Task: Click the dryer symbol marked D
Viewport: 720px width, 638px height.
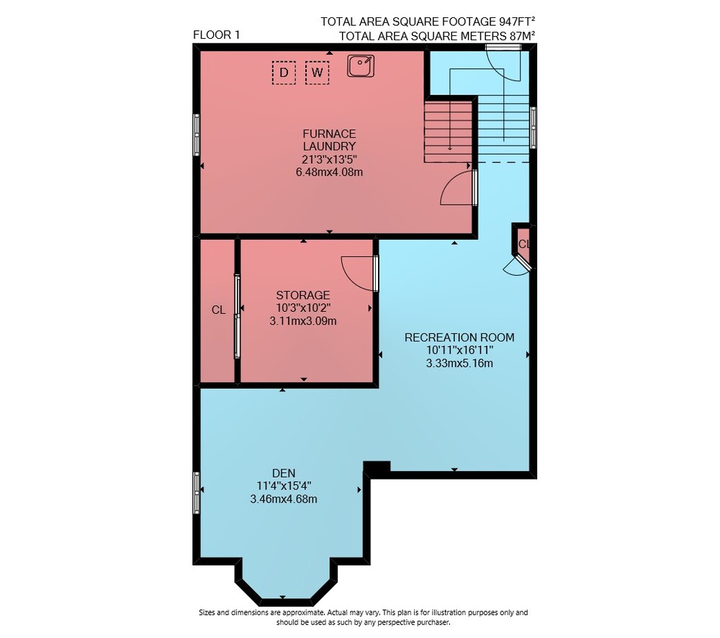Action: (284, 73)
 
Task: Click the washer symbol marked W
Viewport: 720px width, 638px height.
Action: (318, 73)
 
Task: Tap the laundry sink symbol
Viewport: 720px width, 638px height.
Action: (361, 66)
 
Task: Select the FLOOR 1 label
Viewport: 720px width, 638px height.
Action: (216, 35)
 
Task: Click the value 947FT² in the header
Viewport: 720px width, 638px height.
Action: (517, 21)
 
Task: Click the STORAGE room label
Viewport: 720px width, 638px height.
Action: (303, 295)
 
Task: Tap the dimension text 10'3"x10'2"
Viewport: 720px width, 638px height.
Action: (303, 307)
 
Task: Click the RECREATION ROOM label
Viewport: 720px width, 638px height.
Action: (459, 338)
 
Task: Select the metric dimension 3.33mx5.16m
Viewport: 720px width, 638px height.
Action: (459, 364)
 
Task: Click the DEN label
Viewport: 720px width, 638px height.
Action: (284, 473)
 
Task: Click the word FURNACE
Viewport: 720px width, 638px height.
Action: (329, 134)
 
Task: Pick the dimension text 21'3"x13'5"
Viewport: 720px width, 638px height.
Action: (329, 159)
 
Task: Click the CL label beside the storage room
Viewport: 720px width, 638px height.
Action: (219, 310)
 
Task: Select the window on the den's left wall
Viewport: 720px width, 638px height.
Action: (197, 493)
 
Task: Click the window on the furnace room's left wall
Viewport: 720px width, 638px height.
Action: (197, 135)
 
